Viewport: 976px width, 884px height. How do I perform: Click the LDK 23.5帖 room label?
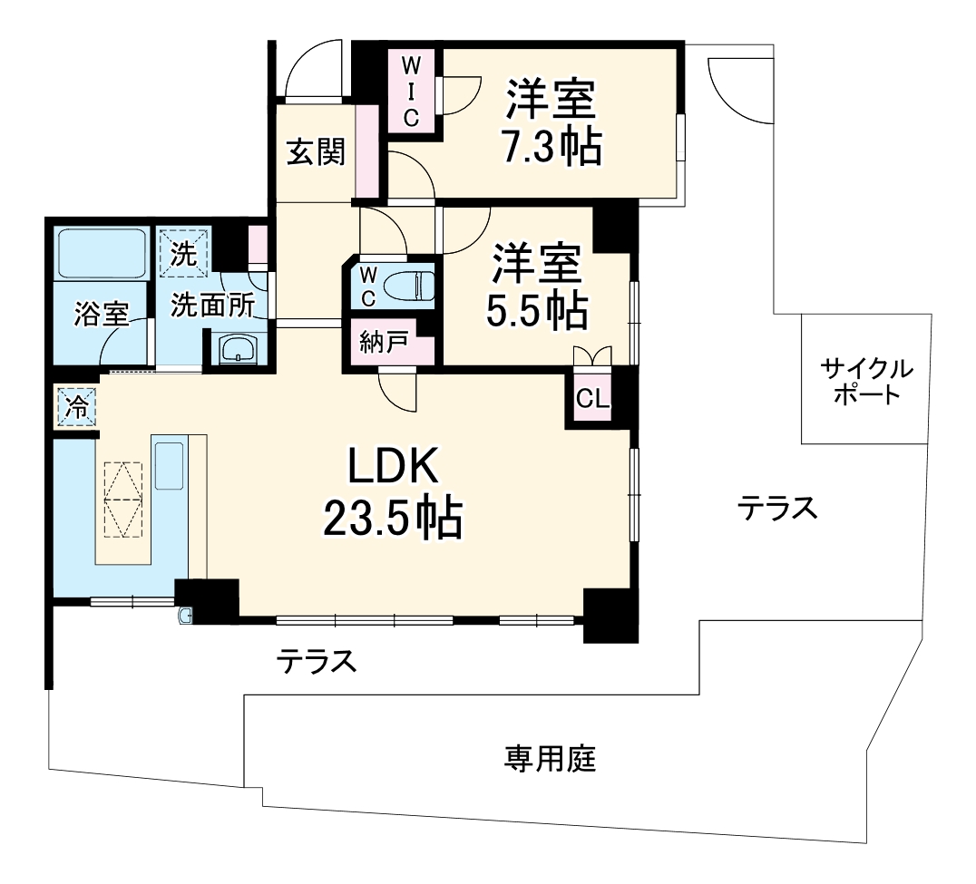coord(393,494)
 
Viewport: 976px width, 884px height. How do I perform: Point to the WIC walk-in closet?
coord(411,92)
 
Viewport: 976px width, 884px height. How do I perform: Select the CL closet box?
coord(592,399)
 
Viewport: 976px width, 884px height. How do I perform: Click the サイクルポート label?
coord(866,382)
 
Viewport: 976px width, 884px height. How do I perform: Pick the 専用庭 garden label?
coord(551,757)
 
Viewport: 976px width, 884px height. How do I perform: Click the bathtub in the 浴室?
coord(102,256)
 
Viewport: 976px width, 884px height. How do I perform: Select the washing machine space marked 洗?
coord(183,248)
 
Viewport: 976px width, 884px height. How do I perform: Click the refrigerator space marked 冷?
coord(78,405)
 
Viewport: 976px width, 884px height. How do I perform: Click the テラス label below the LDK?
coord(316,662)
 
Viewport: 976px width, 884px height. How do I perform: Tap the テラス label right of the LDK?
coord(776,509)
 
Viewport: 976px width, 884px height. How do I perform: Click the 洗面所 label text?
coord(214,306)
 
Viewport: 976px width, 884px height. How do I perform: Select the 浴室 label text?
coord(101,314)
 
